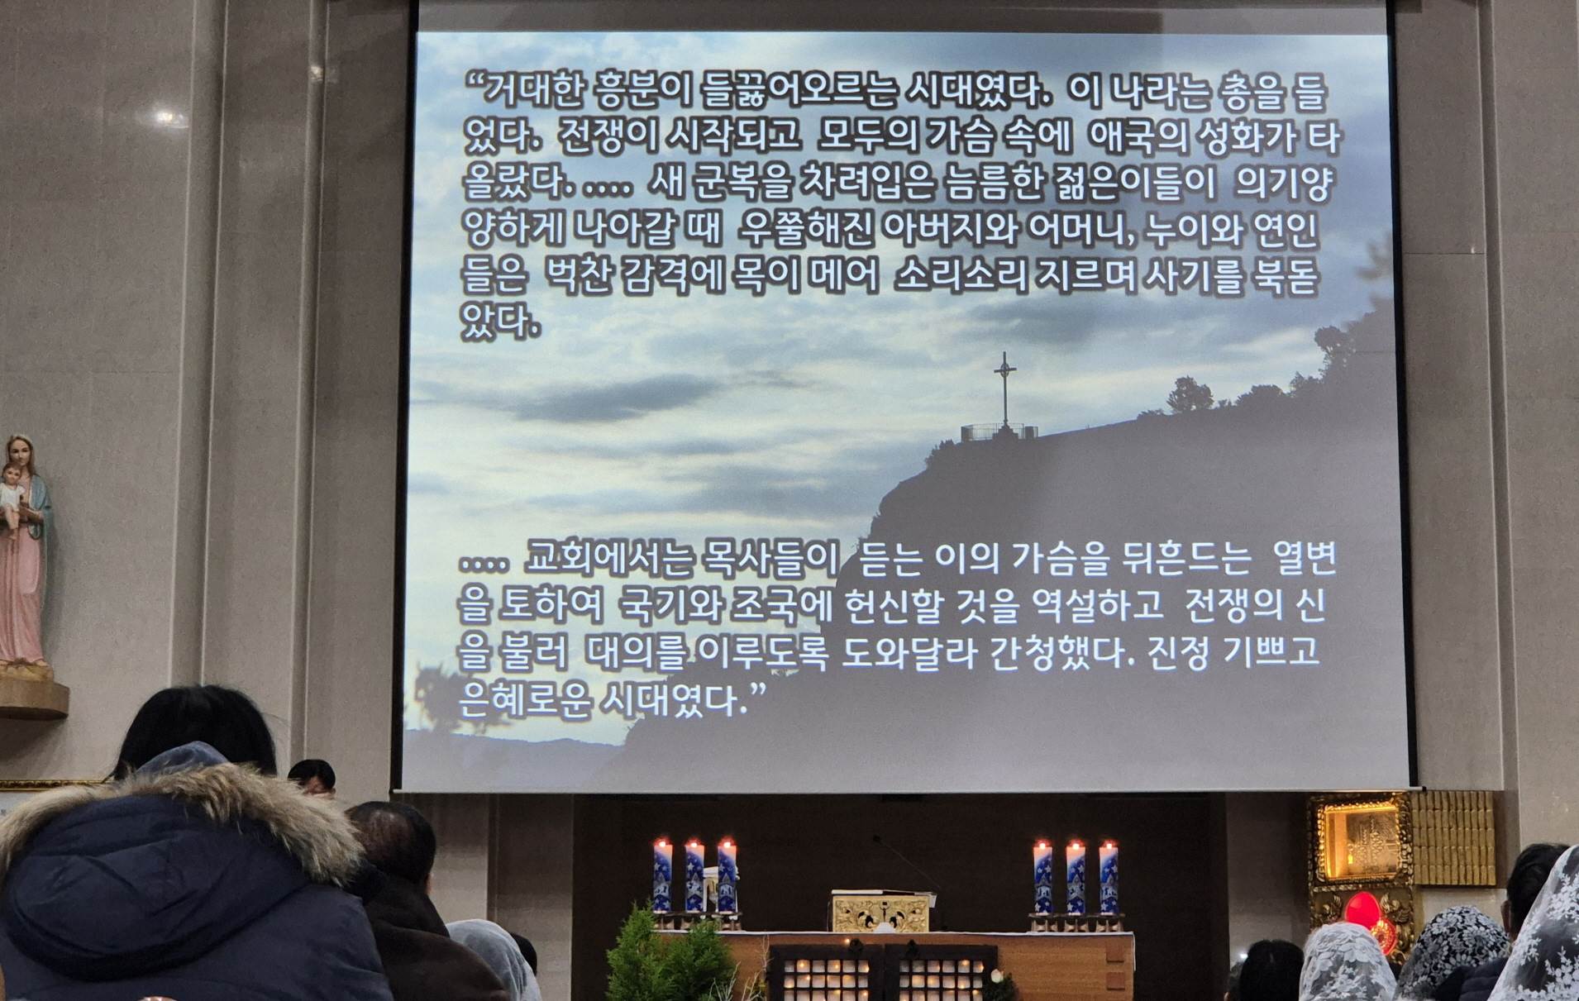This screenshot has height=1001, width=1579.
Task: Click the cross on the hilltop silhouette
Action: tap(1004, 388)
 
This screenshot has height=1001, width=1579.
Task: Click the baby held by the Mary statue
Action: tap(11, 493)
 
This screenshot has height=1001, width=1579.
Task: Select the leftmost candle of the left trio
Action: tap(662, 876)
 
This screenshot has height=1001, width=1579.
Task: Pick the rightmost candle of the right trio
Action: tap(1108, 876)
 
